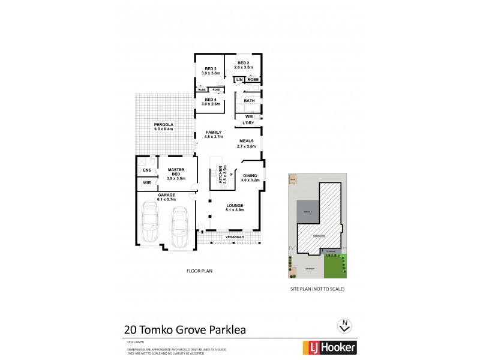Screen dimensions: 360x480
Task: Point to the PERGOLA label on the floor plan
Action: tap(163, 126)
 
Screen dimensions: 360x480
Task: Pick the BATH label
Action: tap(250, 101)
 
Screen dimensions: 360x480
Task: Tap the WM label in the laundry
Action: tap(248, 116)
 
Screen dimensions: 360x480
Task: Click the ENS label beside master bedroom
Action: tap(147, 170)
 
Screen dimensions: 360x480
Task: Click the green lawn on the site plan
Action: tap(335, 266)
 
